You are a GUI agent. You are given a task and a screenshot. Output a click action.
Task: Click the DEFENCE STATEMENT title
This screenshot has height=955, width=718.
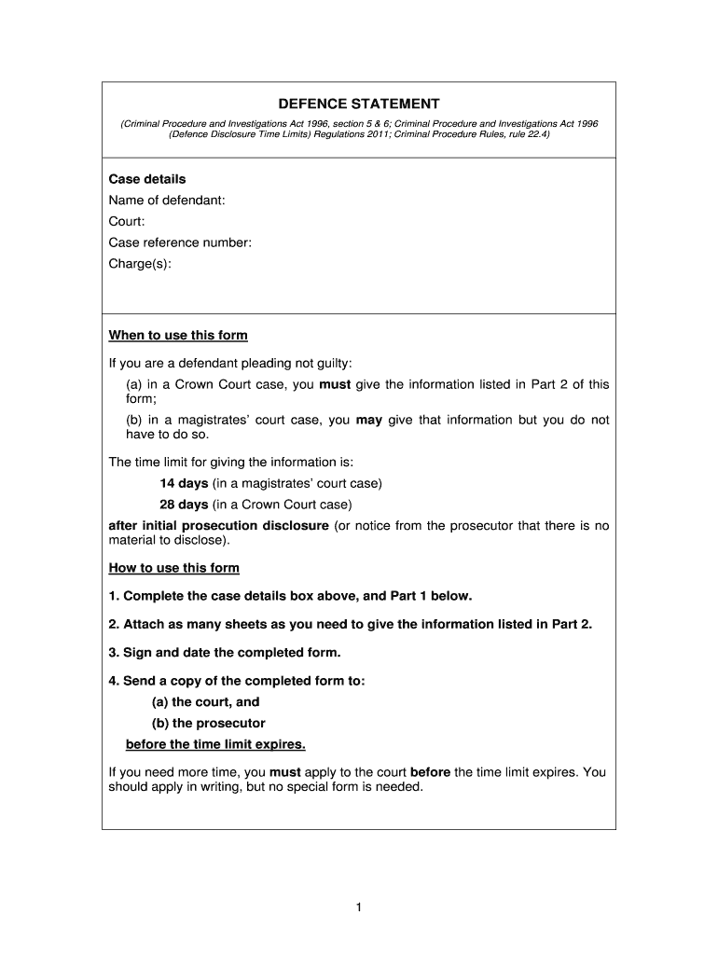coord(358,104)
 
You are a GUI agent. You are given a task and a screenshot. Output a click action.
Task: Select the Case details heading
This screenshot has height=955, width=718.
coord(147,179)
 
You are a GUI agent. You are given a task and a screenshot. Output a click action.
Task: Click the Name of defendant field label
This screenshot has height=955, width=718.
coord(167,201)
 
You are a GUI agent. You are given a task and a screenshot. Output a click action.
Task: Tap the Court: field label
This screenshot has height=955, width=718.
coord(127,222)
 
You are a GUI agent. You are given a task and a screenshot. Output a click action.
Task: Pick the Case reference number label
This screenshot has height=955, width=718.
coord(180,243)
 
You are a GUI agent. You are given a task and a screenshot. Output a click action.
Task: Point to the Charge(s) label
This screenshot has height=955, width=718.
coord(140,264)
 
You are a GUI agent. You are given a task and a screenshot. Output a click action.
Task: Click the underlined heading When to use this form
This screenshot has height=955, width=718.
coord(178,336)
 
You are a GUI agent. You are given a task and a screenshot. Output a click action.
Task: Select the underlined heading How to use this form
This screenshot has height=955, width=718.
coord(174,568)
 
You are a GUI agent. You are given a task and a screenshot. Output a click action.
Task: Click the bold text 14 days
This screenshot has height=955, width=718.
coord(184,483)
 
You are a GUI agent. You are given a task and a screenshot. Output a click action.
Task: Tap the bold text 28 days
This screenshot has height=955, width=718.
coord(184,505)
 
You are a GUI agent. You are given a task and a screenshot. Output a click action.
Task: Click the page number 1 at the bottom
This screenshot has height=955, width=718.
coord(358,907)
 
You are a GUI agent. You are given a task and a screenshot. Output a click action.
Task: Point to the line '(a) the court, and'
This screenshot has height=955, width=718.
coord(205,702)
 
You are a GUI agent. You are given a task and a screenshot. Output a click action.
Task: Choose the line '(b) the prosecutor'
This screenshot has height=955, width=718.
coord(208,724)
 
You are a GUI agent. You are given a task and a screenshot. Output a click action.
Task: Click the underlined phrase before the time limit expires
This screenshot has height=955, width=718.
coord(215,744)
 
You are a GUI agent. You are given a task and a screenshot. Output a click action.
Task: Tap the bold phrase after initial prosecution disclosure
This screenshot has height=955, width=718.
coord(218,526)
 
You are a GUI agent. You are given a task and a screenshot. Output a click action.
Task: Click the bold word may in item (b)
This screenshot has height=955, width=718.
coord(369,420)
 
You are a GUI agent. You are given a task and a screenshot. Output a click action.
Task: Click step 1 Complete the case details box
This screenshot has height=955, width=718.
coord(291,596)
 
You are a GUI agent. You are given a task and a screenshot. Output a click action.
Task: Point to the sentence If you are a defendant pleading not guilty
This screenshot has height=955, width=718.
coord(231,362)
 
